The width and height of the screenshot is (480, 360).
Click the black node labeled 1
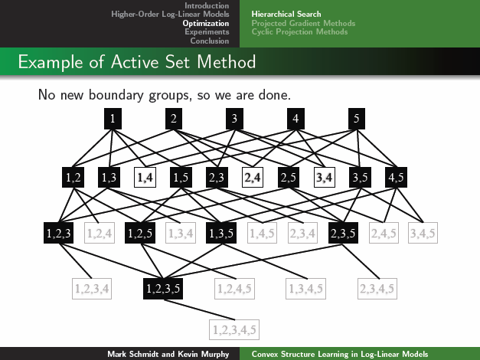pos(113,119)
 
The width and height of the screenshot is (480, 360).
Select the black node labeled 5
pos(356,119)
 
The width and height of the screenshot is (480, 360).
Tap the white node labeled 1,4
pos(145,177)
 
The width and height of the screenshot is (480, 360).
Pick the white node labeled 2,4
pos(253,177)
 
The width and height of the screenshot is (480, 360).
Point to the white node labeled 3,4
pos(325,177)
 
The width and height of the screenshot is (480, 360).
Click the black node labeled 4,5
pos(397,177)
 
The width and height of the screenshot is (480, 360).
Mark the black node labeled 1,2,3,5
pos(162,289)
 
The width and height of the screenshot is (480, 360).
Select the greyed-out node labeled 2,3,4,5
pos(376,289)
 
